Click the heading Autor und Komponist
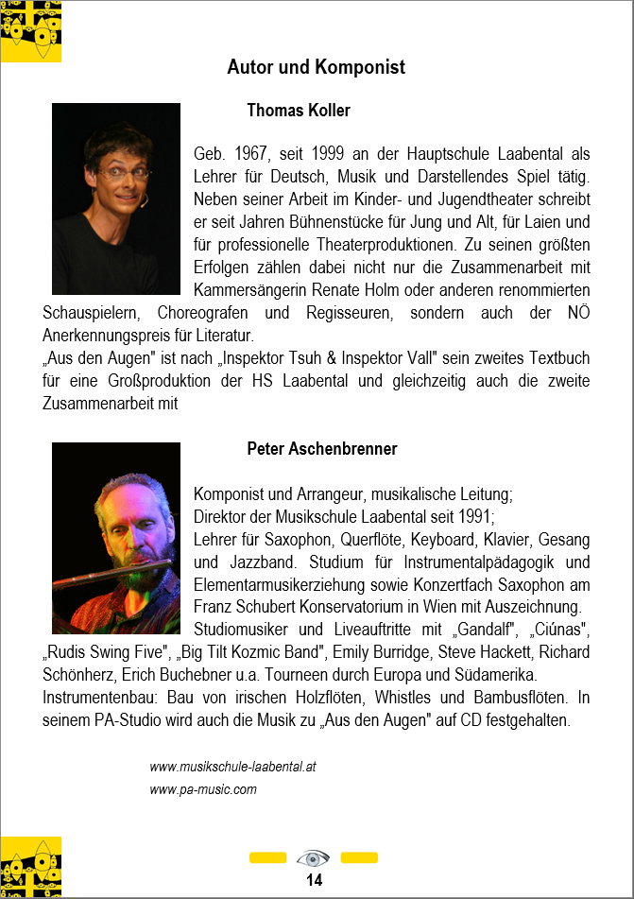click(316, 67)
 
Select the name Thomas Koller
click(298, 111)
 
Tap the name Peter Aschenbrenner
click(321, 448)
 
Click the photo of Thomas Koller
click(115, 199)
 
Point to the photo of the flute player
click(115, 537)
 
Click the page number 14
click(314, 880)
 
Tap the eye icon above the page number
click(313, 858)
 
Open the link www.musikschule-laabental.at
click(232, 767)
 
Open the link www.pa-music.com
click(203, 789)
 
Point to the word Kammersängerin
click(244, 289)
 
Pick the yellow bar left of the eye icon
click(267, 858)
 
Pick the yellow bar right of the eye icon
click(359, 858)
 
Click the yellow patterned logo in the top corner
click(31, 30)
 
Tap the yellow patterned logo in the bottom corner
click(31, 866)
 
